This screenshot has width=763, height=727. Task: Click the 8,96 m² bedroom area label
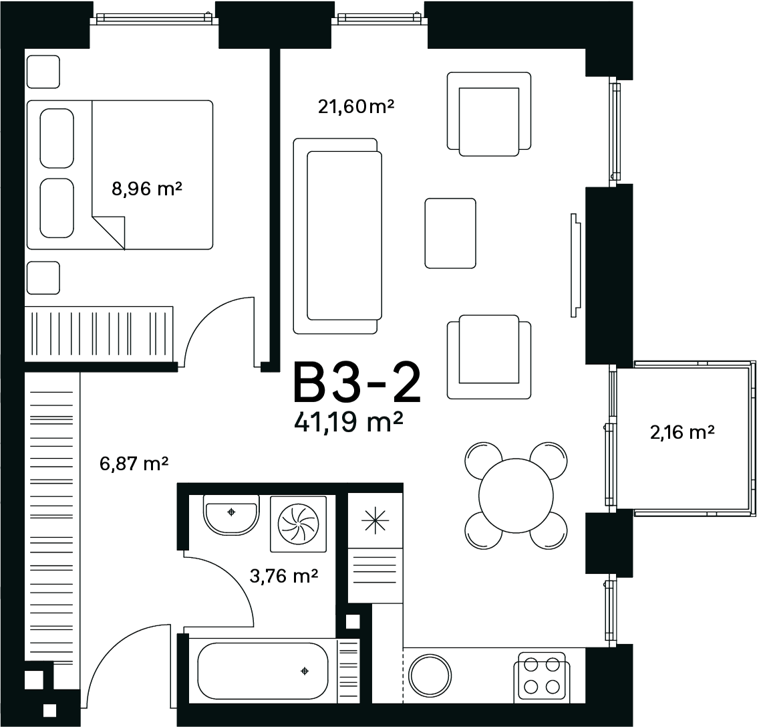click(x=147, y=189)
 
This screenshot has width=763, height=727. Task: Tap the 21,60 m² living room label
click(x=355, y=106)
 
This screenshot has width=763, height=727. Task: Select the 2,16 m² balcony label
click(x=682, y=432)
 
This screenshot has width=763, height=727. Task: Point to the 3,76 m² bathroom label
click(x=284, y=577)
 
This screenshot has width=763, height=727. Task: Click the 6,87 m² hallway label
click(x=134, y=463)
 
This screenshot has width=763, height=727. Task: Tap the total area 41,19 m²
click(x=348, y=422)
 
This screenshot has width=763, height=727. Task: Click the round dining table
click(x=516, y=496)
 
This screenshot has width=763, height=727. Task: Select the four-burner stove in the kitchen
click(x=542, y=676)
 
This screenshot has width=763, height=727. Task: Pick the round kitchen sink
click(x=430, y=676)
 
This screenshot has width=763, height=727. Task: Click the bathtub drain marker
click(x=305, y=671)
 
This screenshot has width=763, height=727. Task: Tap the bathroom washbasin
click(x=231, y=514)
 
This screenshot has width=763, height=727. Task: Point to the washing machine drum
click(x=298, y=524)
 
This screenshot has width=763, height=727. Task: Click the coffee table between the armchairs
click(x=450, y=233)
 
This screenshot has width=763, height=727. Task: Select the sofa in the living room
click(x=337, y=236)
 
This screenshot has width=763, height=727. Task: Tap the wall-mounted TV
click(x=576, y=265)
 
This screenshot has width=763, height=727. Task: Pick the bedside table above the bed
click(x=43, y=72)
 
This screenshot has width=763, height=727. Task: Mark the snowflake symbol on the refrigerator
click(x=375, y=520)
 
